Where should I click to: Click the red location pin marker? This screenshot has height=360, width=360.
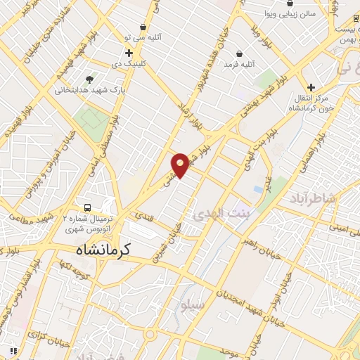(180, 165)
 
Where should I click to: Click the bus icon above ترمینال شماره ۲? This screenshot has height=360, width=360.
(87, 207)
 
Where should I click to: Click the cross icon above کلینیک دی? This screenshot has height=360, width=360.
(129, 53)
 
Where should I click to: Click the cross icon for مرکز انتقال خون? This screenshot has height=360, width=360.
(310, 87)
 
